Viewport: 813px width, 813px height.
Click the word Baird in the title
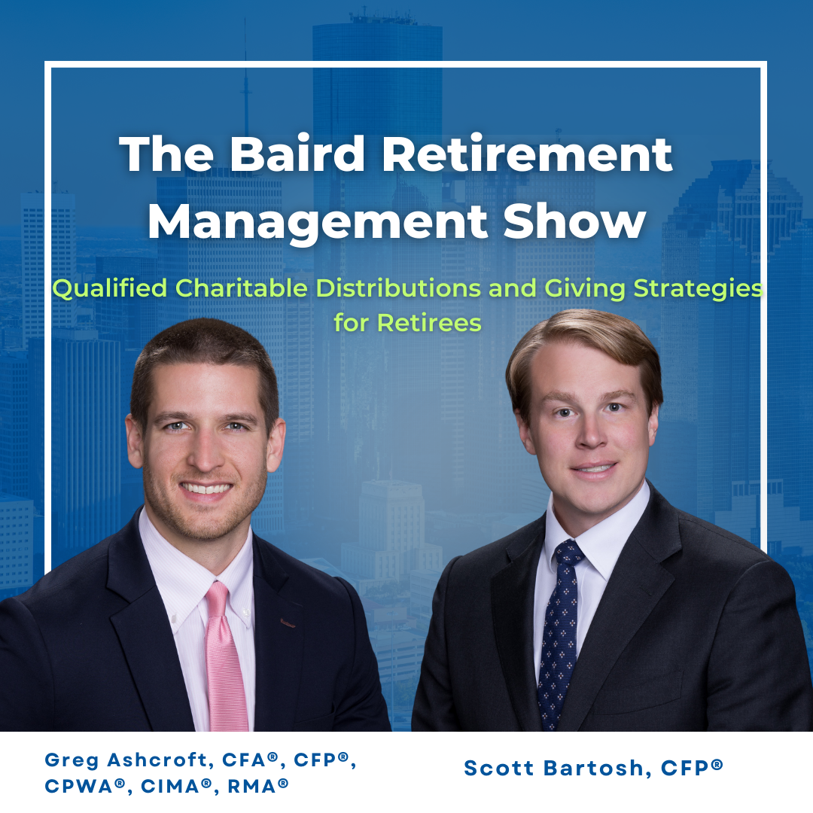click(x=297, y=154)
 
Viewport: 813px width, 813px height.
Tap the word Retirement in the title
click(x=527, y=154)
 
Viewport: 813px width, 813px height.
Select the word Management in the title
click(x=318, y=223)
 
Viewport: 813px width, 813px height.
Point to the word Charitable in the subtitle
click(x=241, y=288)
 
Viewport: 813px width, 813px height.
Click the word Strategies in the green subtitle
click(x=698, y=289)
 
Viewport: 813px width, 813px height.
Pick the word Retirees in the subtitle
click(x=429, y=323)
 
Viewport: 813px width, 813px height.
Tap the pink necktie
click(x=224, y=656)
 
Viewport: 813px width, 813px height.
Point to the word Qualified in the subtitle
click(x=110, y=288)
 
